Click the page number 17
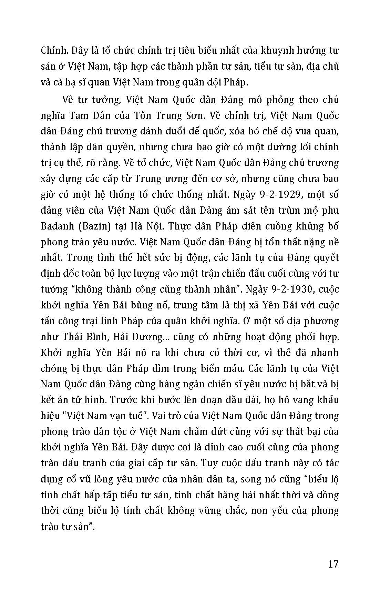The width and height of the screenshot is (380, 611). [333, 564]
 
